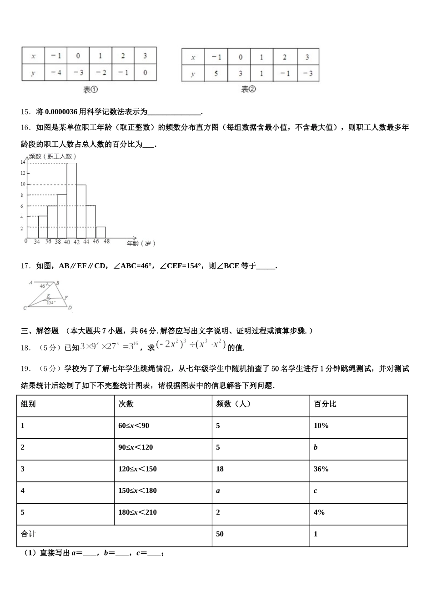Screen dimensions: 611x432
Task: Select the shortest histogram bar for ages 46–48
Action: pyautogui.click(x=100, y=232)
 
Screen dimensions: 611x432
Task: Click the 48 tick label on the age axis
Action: pyautogui.click(x=106, y=242)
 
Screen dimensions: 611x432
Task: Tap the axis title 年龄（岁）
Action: pyautogui.click(x=141, y=244)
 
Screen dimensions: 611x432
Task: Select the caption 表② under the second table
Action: pyautogui.click(x=249, y=90)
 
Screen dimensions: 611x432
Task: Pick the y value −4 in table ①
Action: pyautogui.click(x=56, y=72)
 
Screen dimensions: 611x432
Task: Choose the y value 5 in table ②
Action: pyautogui.click(x=216, y=74)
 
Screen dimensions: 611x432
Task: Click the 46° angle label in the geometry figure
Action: pyautogui.click(x=43, y=286)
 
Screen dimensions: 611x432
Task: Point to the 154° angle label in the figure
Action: pyautogui.click(x=50, y=302)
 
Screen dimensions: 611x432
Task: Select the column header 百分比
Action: pyautogui.click(x=325, y=404)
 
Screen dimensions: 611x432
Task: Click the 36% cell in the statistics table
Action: pyautogui.click(x=321, y=469)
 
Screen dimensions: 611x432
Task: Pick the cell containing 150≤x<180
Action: pyautogui.click(x=137, y=491)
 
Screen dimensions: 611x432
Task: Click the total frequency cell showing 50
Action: pyautogui.click(x=220, y=534)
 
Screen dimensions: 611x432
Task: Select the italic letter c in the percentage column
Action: pyautogui.click(x=315, y=491)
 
